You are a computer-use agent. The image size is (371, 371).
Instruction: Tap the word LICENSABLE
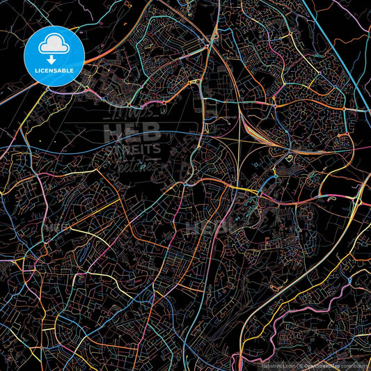click(x=54, y=70)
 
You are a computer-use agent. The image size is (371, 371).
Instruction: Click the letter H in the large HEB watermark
click(x=112, y=132)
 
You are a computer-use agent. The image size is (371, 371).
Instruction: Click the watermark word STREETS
click(x=132, y=148)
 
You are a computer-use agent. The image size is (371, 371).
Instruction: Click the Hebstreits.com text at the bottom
click(x=277, y=364)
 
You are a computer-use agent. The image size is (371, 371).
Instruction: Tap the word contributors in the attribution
click(x=354, y=364)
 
